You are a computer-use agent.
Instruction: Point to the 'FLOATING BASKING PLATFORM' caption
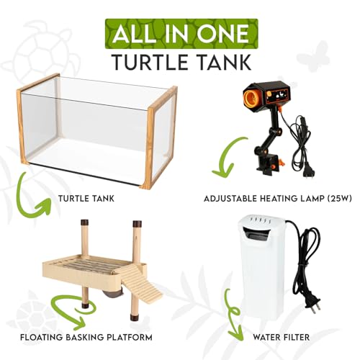(x=87, y=337)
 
